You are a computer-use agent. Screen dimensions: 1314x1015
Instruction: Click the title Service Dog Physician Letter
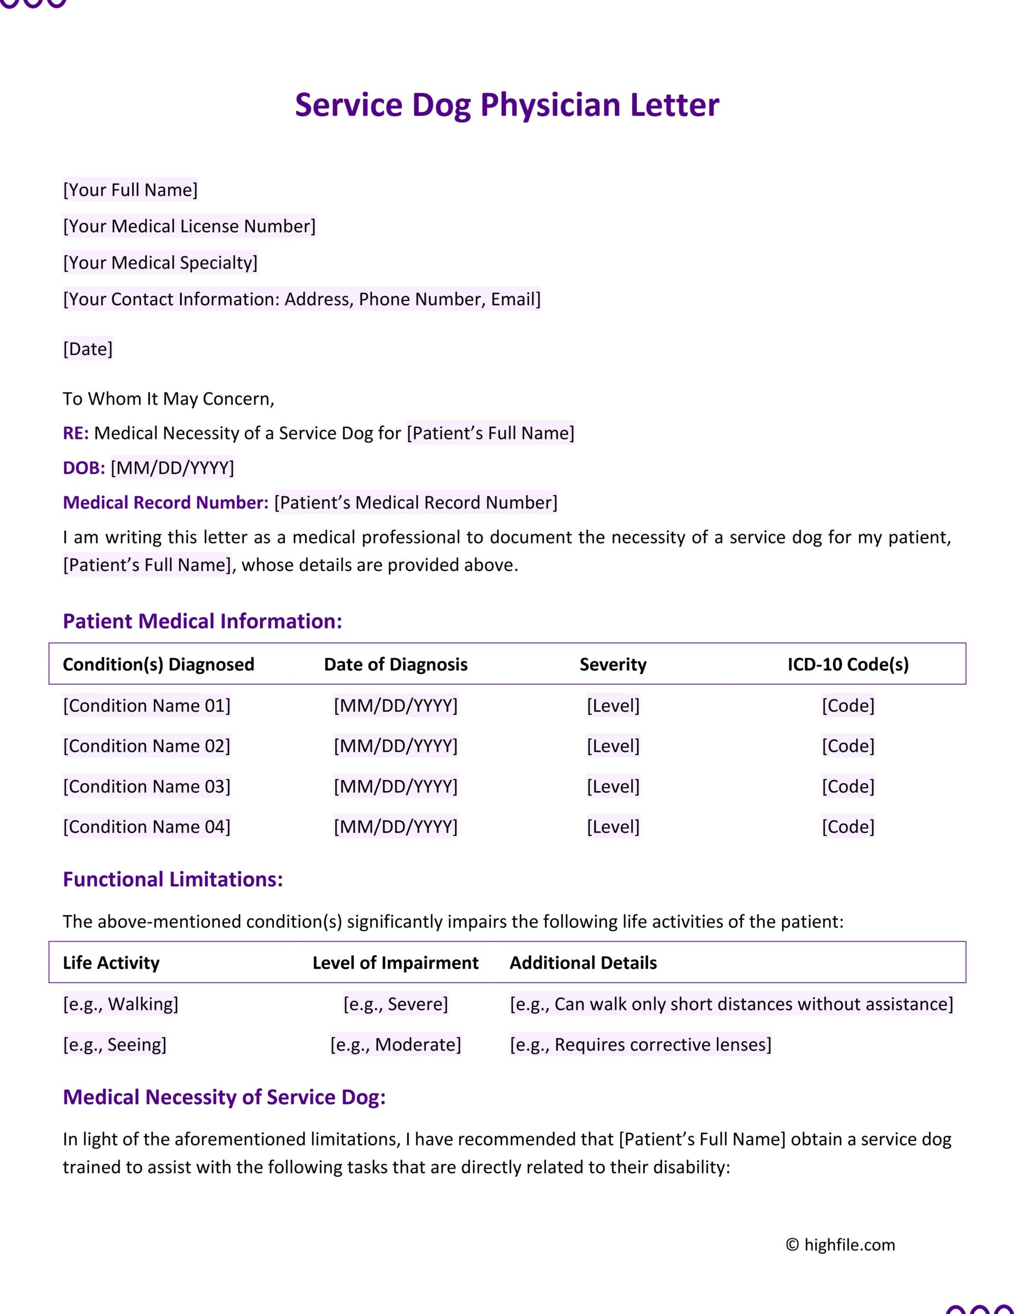coord(506,105)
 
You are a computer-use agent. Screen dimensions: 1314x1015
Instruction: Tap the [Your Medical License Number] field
coord(189,226)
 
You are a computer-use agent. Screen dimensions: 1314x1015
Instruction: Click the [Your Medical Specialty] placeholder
coord(160,262)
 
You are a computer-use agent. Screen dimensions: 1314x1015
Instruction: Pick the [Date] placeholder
coord(88,348)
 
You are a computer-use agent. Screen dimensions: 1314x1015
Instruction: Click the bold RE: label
coord(76,433)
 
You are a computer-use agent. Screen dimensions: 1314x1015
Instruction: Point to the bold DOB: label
coord(84,467)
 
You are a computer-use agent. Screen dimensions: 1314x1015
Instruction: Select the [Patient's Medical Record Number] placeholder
coord(416,502)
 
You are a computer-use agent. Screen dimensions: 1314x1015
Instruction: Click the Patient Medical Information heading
coord(202,621)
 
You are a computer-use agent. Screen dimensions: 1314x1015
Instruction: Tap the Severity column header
coord(613,664)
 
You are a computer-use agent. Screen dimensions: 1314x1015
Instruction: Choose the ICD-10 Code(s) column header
coord(848,664)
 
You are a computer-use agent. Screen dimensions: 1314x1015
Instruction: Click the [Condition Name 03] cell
coord(147,786)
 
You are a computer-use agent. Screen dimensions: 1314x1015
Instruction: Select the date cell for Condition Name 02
coord(396,746)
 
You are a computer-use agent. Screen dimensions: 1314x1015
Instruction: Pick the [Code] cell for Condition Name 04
coord(848,826)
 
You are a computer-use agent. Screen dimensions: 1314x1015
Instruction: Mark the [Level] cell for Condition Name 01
coord(613,705)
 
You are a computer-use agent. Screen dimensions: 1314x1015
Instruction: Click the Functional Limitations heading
coord(173,879)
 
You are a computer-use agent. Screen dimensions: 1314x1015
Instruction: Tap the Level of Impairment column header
coord(395,963)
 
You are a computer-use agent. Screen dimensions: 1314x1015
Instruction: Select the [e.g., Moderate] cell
coord(396,1044)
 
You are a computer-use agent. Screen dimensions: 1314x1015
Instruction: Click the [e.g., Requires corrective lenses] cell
coord(640,1044)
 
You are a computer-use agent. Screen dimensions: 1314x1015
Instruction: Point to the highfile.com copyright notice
coord(841,1245)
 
